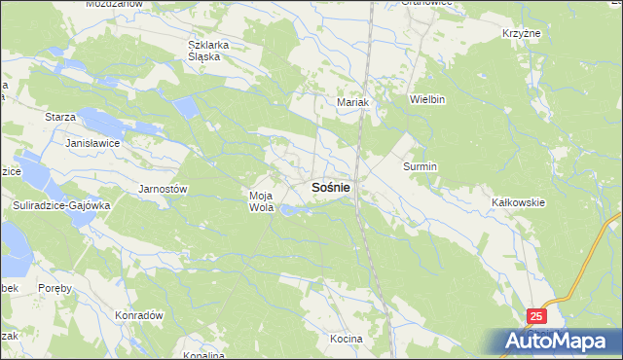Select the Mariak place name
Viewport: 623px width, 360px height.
click(350, 102)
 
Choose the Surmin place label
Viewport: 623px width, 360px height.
click(421, 166)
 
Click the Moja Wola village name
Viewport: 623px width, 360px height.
click(261, 200)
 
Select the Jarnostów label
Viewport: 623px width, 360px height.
click(163, 188)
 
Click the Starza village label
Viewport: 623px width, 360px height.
click(60, 117)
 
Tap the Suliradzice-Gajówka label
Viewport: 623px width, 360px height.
click(62, 206)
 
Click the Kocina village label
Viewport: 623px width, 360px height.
click(346, 339)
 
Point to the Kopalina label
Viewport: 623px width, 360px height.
click(203, 355)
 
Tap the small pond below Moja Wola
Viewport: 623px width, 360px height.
click(290, 209)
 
